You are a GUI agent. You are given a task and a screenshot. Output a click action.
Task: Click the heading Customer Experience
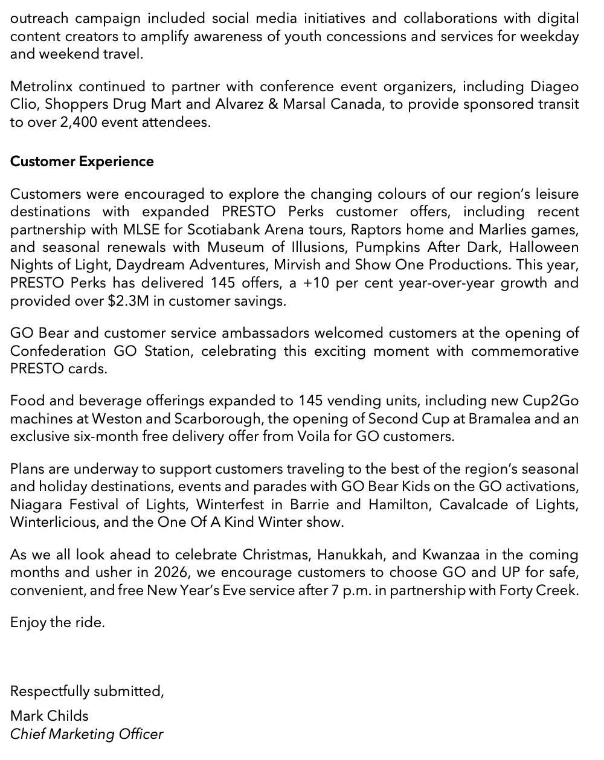coord(82,161)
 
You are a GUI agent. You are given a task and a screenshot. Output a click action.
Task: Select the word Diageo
coord(554,86)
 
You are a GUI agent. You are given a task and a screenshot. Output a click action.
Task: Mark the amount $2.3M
coord(128,301)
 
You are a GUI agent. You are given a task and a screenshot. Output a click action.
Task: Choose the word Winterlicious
coord(52,522)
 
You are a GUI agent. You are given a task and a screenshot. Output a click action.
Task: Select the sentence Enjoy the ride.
coord(57,622)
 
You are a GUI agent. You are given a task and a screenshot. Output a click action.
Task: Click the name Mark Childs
coord(49,716)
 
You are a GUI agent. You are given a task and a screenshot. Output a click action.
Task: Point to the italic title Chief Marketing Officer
coord(86,734)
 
